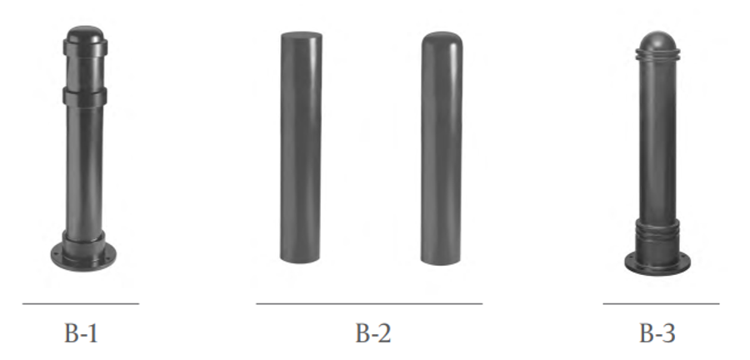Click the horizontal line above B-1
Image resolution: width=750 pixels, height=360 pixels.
click(80, 303)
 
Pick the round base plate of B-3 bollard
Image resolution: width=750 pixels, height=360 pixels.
click(657, 262)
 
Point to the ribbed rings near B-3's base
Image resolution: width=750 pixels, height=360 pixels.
click(657, 229)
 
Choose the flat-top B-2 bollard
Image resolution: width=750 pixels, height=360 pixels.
click(301, 150)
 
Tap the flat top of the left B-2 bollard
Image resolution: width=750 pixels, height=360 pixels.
click(302, 36)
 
